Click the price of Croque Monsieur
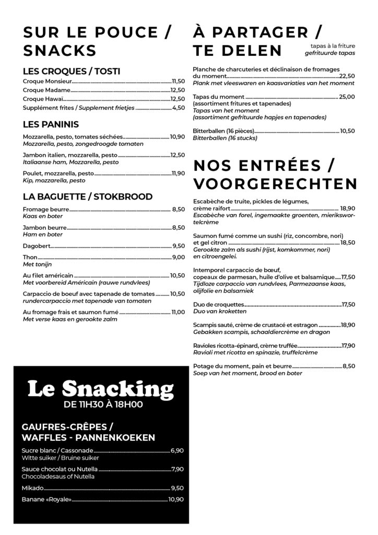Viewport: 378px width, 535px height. click(x=178, y=82)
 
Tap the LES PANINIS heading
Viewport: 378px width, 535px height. click(x=51, y=124)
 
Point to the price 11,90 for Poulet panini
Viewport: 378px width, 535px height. click(x=178, y=173)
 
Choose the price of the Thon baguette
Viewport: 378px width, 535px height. click(x=179, y=257)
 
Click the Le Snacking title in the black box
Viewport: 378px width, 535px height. click(x=100, y=389)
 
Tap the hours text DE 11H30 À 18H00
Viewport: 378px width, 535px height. click(x=103, y=404)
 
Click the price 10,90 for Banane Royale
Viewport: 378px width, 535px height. click(x=176, y=499)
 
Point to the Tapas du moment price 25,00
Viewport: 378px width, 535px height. click(x=347, y=97)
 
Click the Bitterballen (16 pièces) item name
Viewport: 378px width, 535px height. click(x=223, y=131)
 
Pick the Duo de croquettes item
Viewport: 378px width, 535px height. click(x=218, y=304)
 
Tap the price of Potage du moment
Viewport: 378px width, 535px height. click(x=348, y=366)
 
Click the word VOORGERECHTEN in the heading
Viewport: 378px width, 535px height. click(x=275, y=184)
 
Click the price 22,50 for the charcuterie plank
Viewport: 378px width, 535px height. click(x=347, y=76)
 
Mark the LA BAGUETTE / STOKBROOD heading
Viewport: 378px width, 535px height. click(x=88, y=196)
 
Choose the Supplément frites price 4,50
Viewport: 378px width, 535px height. click(x=179, y=108)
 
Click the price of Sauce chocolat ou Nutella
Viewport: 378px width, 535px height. click(x=177, y=469)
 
